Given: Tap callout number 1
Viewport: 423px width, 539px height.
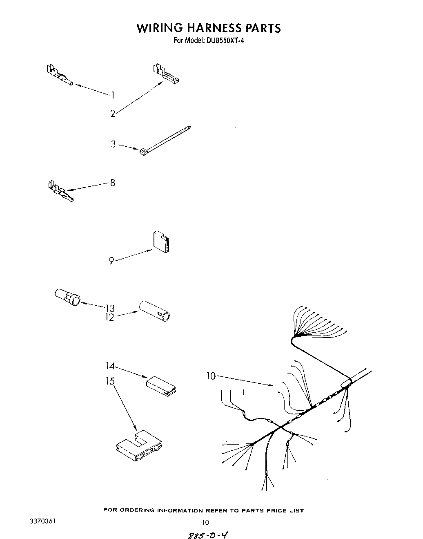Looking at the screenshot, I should point(112,95).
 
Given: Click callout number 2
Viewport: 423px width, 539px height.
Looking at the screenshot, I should point(113,114).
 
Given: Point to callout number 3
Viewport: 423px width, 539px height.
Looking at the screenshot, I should point(113,144).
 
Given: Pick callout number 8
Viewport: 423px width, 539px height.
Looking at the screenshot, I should point(113,183).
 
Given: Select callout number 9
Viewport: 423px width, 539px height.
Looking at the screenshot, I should point(111,260).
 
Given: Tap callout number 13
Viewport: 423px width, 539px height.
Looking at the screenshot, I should point(110,308).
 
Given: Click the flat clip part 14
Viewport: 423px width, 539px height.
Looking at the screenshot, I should point(161,386).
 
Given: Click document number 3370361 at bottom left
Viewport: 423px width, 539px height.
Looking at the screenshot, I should point(42,521).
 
